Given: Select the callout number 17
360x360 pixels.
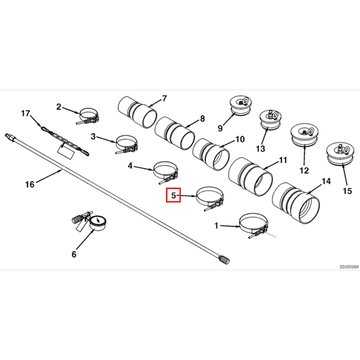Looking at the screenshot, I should point(26,113).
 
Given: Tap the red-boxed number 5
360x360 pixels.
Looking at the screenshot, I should point(173,195).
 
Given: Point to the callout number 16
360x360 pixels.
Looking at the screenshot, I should point(29,185).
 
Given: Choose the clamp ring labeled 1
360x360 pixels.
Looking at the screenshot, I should point(255,224).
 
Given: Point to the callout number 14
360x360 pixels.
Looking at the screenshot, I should point(326,181).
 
